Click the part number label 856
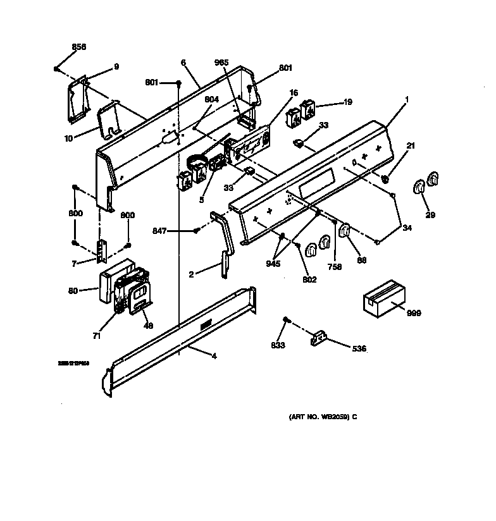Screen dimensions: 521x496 [x=79, y=47]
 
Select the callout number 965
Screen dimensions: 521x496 [x=221, y=63]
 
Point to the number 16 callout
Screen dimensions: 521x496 [x=294, y=93]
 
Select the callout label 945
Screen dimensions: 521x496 [x=273, y=264]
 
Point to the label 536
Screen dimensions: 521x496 [x=359, y=348]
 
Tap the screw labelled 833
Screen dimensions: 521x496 [x=287, y=322]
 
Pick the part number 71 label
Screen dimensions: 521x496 [x=96, y=336]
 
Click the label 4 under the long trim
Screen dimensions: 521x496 [x=214, y=357]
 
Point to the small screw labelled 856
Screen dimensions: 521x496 [x=57, y=68]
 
